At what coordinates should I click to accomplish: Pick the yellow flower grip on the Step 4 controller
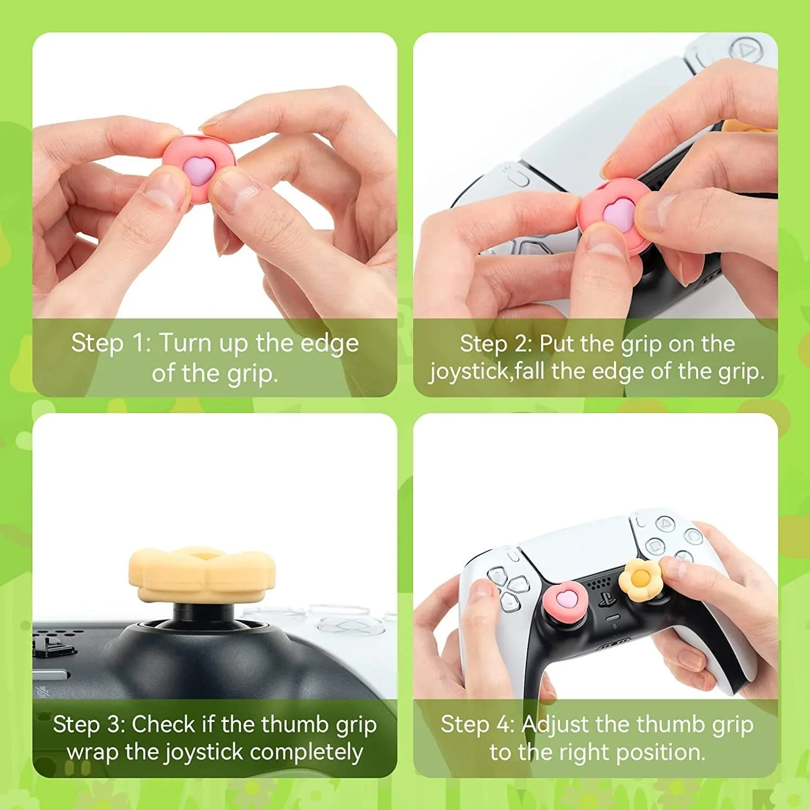[639, 579]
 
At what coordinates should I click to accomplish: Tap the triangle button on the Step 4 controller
[665, 523]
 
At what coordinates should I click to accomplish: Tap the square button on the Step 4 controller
[654, 545]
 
